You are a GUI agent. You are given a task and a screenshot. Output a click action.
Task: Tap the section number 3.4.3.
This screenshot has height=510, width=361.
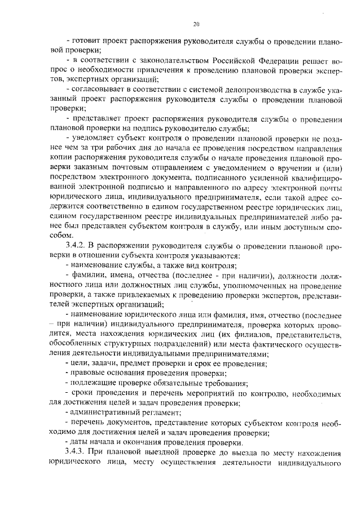click(77, 454)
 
